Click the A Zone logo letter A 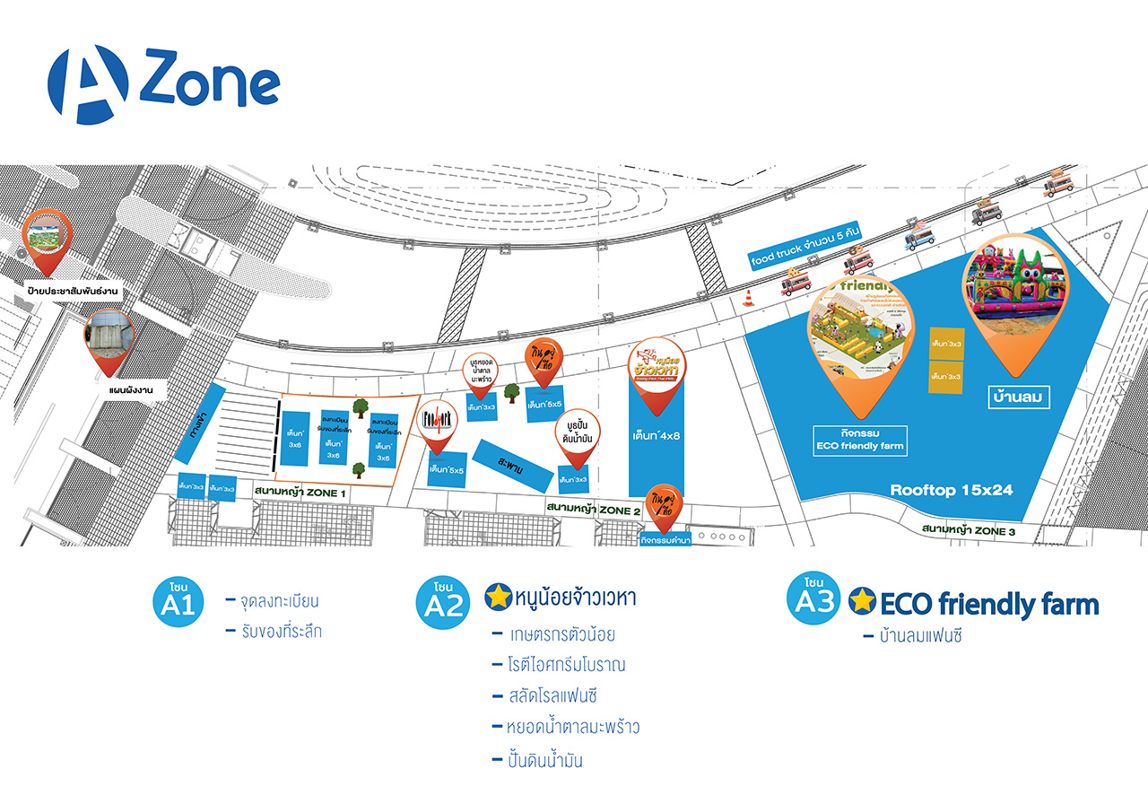point(88,84)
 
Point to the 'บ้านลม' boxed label point(1018,396)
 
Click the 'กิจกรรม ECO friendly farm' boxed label point(860,438)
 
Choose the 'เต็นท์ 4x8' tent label point(659,436)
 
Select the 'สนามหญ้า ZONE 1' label point(300,492)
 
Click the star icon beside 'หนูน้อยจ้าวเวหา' point(498,597)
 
